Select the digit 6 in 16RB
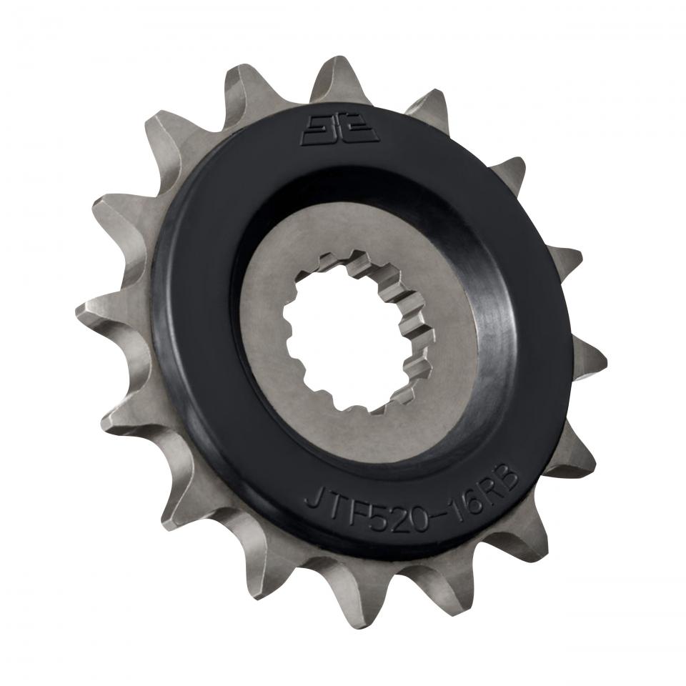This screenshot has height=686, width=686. pyautogui.click(x=472, y=502)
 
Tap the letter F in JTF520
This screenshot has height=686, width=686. pyautogui.click(x=357, y=512)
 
